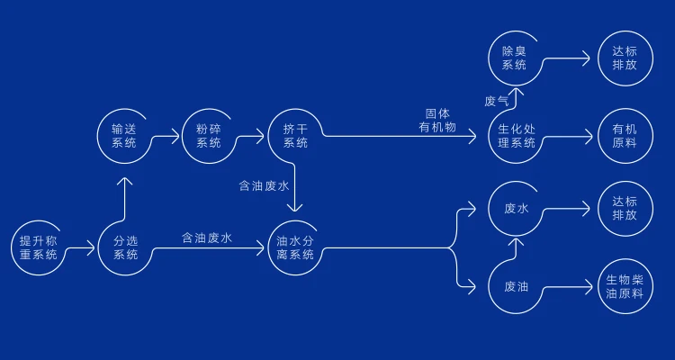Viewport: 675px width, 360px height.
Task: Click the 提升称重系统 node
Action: click(39, 247)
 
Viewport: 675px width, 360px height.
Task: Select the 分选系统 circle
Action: click(125, 247)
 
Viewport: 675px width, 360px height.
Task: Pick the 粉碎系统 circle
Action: click(208, 136)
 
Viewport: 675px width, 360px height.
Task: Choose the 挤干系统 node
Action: click(295, 136)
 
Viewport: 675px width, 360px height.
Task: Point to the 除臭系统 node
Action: click(514, 58)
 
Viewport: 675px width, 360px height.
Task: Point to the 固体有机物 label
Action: click(438, 121)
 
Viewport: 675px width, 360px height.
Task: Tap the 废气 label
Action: click(496, 101)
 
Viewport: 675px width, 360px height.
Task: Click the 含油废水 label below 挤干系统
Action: click(264, 186)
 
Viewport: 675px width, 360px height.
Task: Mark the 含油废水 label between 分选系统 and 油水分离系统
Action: click(207, 238)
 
